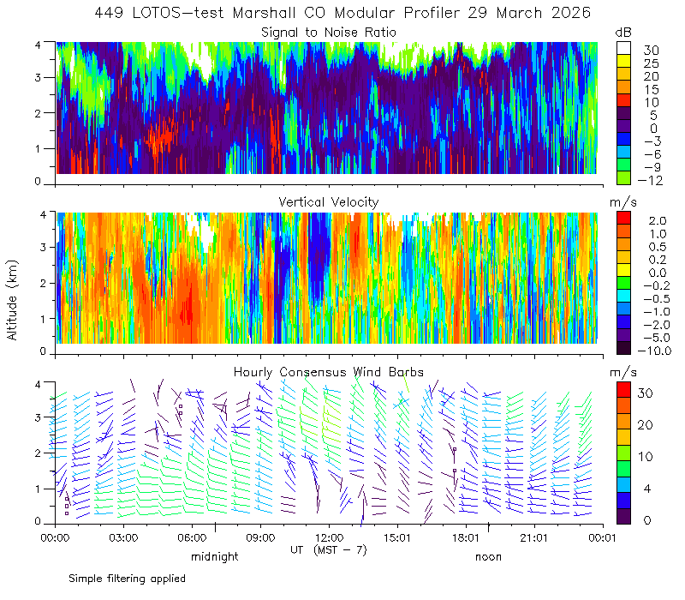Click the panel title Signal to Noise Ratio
[x=329, y=33]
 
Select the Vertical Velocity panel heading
[x=329, y=202]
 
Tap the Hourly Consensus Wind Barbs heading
[x=329, y=372]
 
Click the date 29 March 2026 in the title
[x=529, y=13]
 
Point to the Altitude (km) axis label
[x=12, y=300]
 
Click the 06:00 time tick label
[x=192, y=537]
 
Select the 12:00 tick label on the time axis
[x=329, y=537]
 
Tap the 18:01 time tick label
[x=466, y=537]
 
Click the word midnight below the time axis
[x=215, y=557]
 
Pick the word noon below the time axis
[x=488, y=557]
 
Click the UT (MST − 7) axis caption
[x=329, y=550]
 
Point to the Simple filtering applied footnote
[x=127, y=579]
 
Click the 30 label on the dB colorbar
[x=651, y=51]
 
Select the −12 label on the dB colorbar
[x=650, y=180]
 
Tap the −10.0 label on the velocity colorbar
[x=654, y=351]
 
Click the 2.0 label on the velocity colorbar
[x=658, y=220]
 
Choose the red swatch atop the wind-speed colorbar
[x=623, y=390]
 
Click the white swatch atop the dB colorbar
[x=623, y=48]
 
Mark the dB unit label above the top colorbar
[x=623, y=33]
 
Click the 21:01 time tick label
[x=534, y=537]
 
